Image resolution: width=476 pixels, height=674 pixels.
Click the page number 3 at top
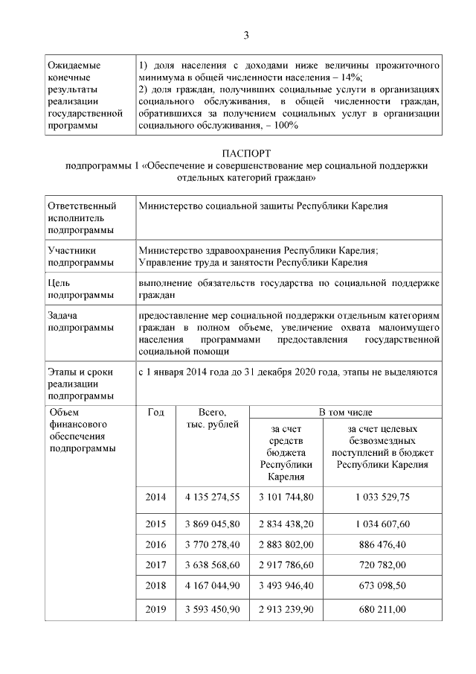tap(246, 35)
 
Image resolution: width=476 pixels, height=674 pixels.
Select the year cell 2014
tap(155, 497)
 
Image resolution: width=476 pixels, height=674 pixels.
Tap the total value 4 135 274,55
tap(212, 497)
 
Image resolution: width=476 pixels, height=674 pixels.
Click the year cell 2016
tap(155, 544)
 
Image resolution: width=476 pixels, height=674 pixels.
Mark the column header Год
tap(155, 412)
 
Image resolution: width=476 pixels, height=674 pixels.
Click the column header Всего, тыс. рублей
tap(212, 418)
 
